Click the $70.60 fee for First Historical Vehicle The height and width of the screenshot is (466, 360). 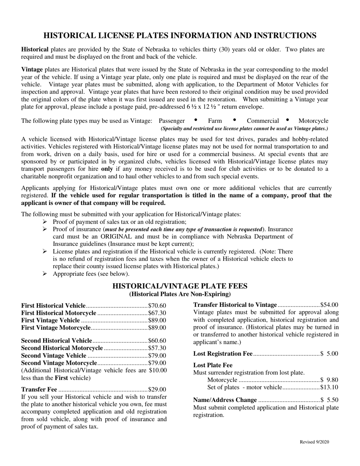click(x=157, y=306)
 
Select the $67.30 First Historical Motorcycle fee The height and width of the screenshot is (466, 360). click(x=157, y=313)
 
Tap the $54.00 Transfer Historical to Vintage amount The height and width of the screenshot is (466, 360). click(x=329, y=305)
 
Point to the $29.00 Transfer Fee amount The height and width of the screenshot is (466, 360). click(x=157, y=389)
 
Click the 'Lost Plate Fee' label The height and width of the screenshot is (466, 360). click(x=213, y=365)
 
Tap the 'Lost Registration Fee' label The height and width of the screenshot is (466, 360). click(x=222, y=354)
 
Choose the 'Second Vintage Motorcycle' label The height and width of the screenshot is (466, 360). click(x=59, y=363)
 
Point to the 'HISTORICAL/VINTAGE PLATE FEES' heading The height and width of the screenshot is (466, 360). click(x=180, y=286)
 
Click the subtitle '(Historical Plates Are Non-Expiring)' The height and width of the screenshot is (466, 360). click(x=180, y=294)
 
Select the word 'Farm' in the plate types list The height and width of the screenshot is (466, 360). click(x=215, y=121)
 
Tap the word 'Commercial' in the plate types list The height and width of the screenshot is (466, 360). click(x=263, y=121)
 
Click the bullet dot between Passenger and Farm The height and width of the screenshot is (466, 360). click(x=196, y=120)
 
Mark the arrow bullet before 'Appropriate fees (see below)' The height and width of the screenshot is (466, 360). click(x=45, y=274)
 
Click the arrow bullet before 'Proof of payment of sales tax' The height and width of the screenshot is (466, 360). click(x=45, y=222)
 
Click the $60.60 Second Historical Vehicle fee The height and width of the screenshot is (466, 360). click(x=157, y=341)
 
